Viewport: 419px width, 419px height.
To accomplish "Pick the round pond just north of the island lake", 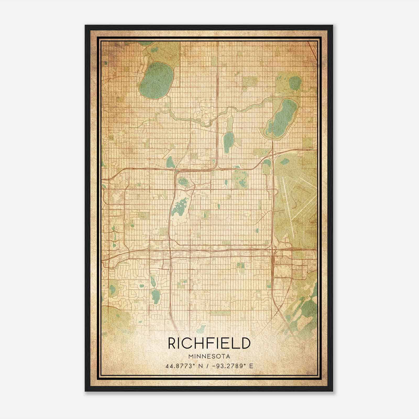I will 183,181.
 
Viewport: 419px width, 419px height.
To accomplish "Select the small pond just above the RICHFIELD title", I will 202,328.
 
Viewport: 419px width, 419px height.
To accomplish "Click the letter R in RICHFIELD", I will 172,343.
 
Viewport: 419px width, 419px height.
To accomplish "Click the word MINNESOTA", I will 209,356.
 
